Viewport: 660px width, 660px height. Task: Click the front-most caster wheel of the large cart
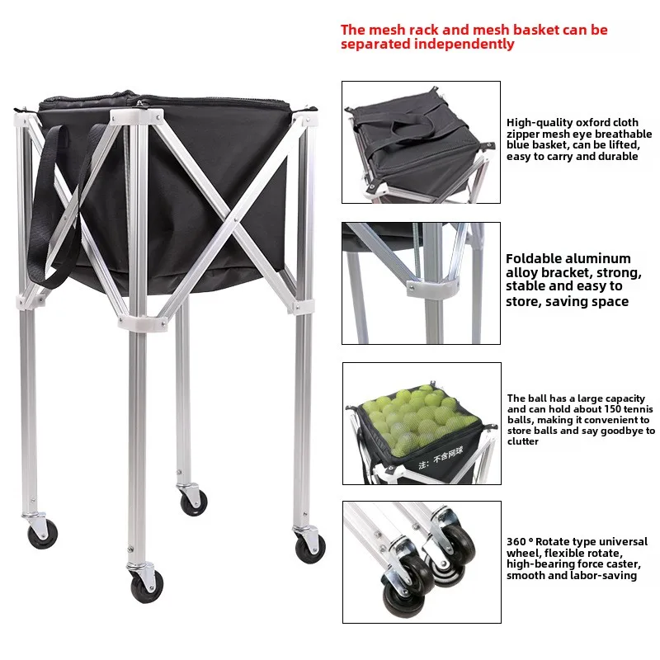[146, 587]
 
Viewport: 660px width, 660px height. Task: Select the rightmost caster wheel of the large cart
[310, 549]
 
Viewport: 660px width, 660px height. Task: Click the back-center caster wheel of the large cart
[194, 502]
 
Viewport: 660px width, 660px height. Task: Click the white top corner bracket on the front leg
[137, 117]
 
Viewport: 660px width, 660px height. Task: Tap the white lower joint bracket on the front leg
[143, 322]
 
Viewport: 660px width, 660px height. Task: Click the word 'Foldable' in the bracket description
[532, 258]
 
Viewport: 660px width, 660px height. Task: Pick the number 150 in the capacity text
[612, 409]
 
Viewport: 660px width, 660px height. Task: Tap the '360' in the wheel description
[516, 542]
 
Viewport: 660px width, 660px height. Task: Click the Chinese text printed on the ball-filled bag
[441, 458]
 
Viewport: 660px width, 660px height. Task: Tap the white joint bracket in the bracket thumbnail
[432, 289]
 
